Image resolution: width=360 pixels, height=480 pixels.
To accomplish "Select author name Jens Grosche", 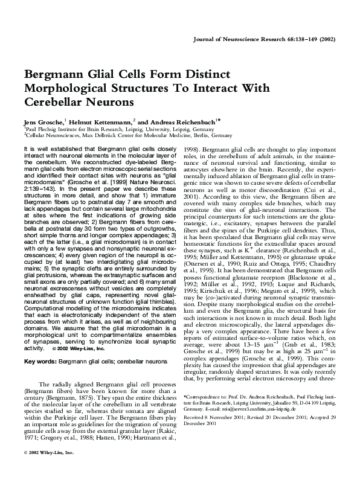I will (x=43, y=122).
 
